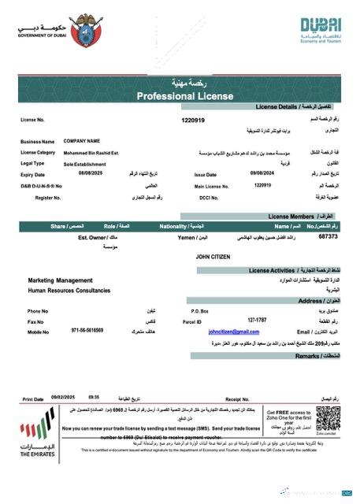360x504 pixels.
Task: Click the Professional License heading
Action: coord(180,95)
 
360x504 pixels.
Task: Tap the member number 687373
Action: coord(328,236)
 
